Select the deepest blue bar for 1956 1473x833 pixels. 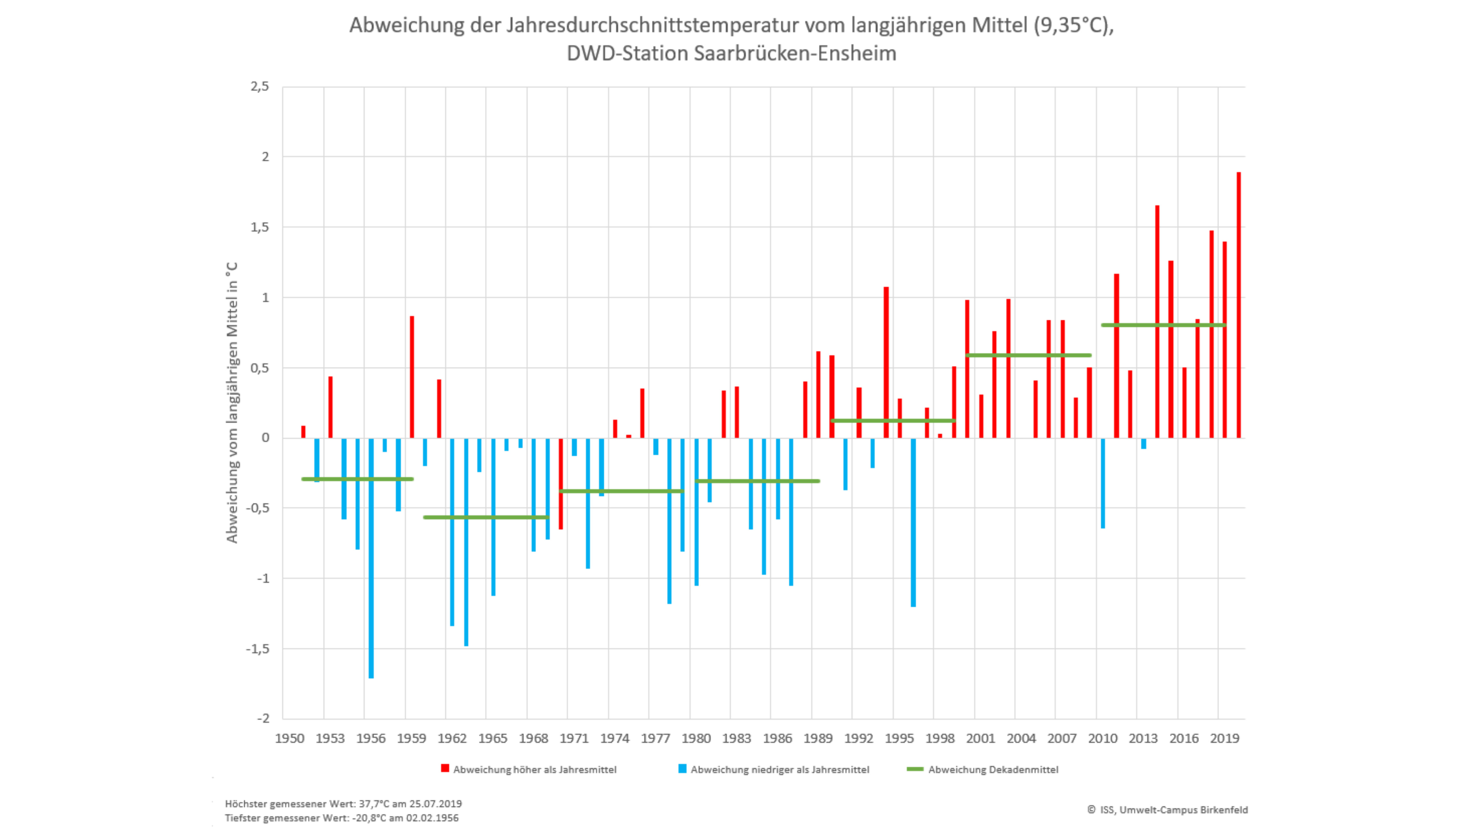pyautogui.click(x=371, y=558)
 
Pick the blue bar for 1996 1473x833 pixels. pyautogui.click(x=913, y=522)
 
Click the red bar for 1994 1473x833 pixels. pyautogui.click(x=886, y=362)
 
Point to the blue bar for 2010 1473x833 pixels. pyautogui.click(x=1103, y=483)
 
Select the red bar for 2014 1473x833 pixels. pyautogui.click(x=1157, y=322)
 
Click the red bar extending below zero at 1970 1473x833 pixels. pyautogui.click(x=561, y=483)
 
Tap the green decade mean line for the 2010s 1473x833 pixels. pyautogui.click(x=1163, y=325)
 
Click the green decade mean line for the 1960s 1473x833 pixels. pyautogui.click(x=486, y=517)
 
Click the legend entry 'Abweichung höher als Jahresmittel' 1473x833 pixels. pyautogui.click(x=534, y=770)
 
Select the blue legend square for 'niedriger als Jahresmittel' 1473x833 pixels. pyautogui.click(x=682, y=768)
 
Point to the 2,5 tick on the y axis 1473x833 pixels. pyautogui.click(x=259, y=86)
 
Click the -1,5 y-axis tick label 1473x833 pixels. pyautogui.click(x=257, y=649)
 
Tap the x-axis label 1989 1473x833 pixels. pyautogui.click(x=818, y=739)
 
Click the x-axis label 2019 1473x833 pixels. pyautogui.click(x=1224, y=739)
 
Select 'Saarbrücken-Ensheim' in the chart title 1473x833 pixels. pyautogui.click(x=795, y=53)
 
